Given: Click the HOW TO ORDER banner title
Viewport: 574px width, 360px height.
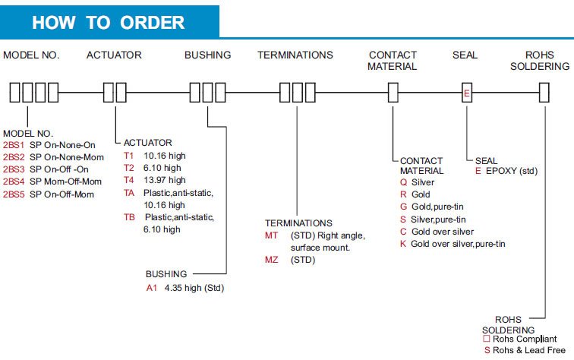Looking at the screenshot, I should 108,22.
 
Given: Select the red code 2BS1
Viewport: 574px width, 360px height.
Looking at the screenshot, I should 14,145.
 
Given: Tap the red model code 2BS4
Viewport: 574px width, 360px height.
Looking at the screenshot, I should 14,182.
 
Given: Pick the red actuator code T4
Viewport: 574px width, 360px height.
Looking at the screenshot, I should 128,180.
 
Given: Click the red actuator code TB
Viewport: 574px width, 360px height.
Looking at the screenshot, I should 129,217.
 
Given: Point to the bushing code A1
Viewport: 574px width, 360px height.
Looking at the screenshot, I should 152,288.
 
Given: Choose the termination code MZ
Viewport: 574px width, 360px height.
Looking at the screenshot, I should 272,260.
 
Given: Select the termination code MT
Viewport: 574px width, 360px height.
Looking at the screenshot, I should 272,235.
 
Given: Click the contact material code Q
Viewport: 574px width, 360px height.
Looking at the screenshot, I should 403,183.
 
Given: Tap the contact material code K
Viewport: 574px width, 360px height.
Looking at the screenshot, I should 403,244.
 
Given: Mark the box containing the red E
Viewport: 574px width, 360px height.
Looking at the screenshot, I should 468,93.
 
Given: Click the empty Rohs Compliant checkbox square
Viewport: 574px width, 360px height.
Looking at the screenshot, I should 487,339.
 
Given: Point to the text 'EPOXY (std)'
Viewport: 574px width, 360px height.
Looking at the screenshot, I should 511,171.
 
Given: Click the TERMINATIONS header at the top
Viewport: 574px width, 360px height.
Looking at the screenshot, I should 295,55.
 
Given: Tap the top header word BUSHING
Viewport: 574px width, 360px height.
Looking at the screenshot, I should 207,55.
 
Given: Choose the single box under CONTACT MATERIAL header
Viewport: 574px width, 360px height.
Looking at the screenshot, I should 393,93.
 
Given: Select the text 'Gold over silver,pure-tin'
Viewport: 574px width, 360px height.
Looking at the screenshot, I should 458,244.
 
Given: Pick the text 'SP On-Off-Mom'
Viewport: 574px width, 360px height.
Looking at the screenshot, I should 62,194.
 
